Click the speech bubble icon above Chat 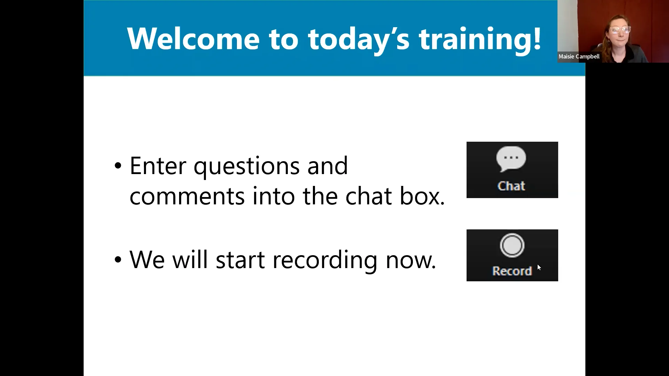point(511,159)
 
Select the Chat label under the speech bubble point(511,186)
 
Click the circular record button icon point(512,245)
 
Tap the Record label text point(512,271)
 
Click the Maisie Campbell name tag point(579,56)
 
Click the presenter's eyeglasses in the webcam point(620,30)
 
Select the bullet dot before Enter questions point(118,166)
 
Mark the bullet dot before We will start point(118,260)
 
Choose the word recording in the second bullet point(325,260)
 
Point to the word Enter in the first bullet point(157,166)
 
